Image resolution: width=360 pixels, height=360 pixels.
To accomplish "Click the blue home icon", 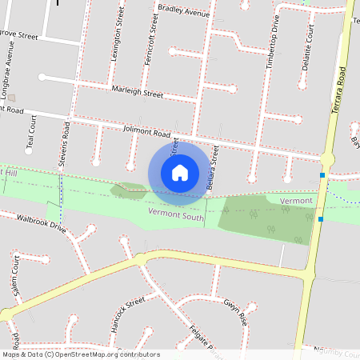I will click(180, 172).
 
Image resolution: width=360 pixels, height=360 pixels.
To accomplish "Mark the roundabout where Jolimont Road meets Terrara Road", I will click(327, 159).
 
